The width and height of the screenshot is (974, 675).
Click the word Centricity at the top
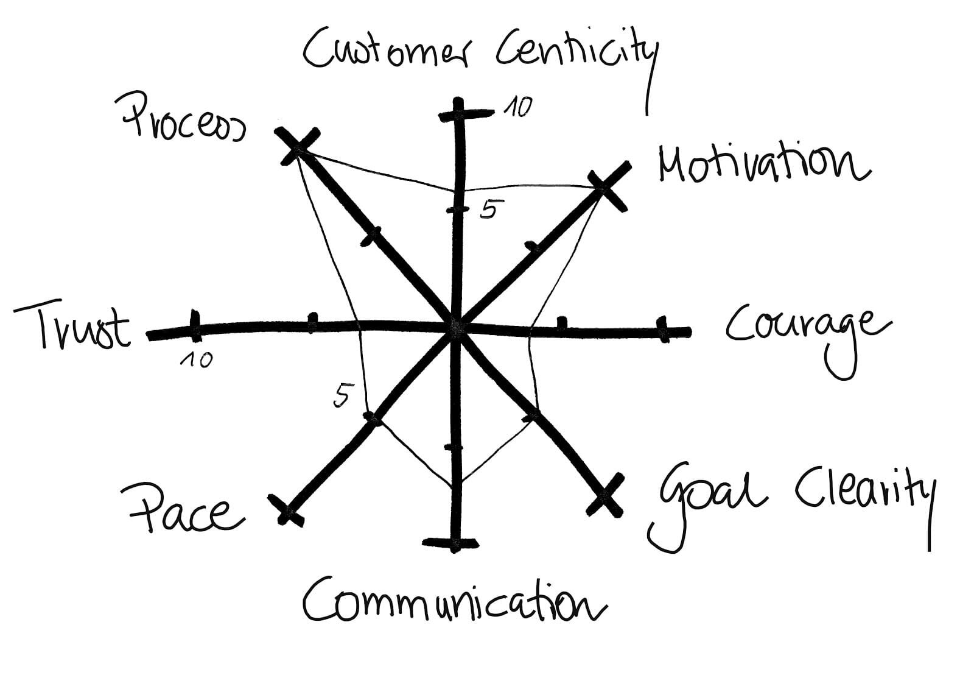575,52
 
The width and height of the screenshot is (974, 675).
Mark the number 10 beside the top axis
518,107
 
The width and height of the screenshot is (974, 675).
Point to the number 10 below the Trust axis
197,360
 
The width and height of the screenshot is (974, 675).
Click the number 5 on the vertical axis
488,210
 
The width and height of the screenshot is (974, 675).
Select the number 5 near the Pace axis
342,397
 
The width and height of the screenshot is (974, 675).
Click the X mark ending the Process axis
298,146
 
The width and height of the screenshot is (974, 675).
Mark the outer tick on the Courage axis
663,329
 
